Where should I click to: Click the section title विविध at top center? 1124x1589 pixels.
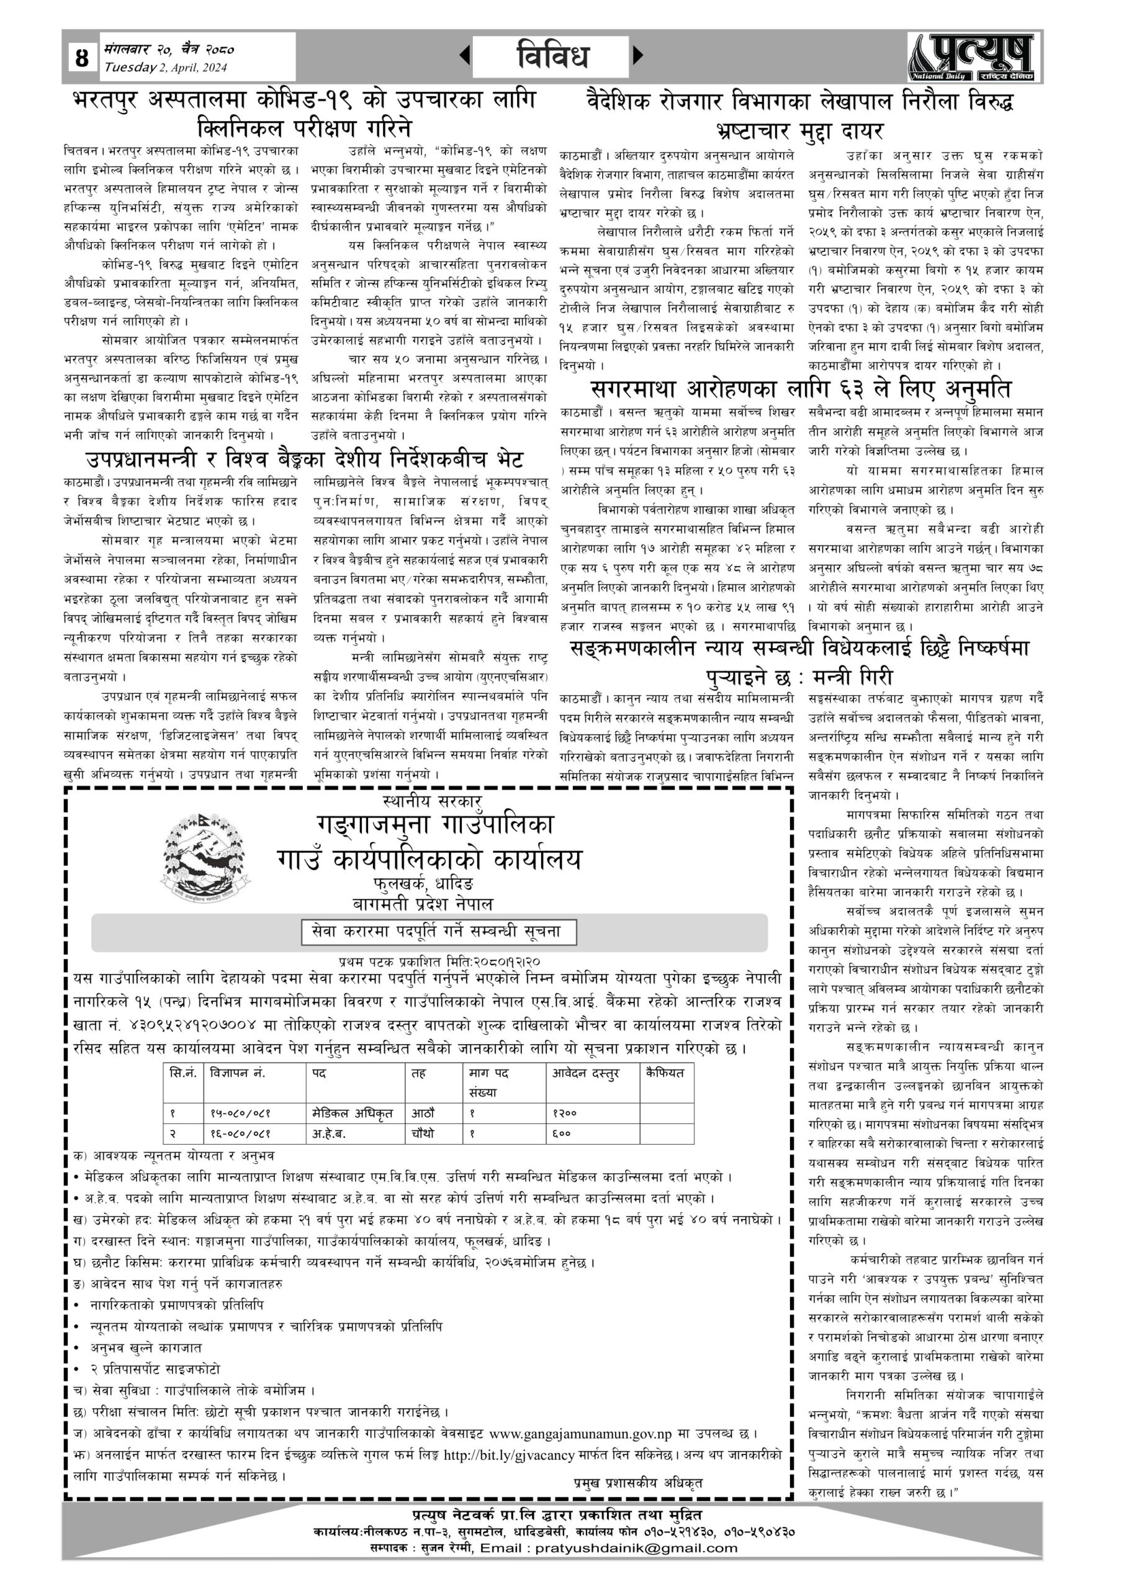click(552, 56)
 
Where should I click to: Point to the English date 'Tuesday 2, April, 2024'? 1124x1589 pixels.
click(166, 67)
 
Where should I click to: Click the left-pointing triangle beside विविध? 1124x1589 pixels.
click(465, 55)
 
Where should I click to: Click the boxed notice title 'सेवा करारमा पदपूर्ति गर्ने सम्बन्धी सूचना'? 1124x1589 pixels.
click(439, 932)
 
